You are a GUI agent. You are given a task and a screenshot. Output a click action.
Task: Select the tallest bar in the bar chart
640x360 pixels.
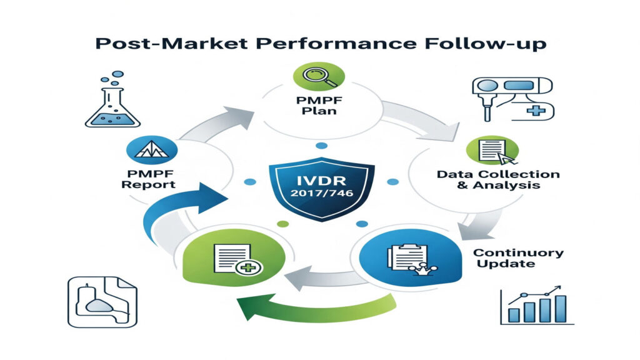[x=560, y=308]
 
